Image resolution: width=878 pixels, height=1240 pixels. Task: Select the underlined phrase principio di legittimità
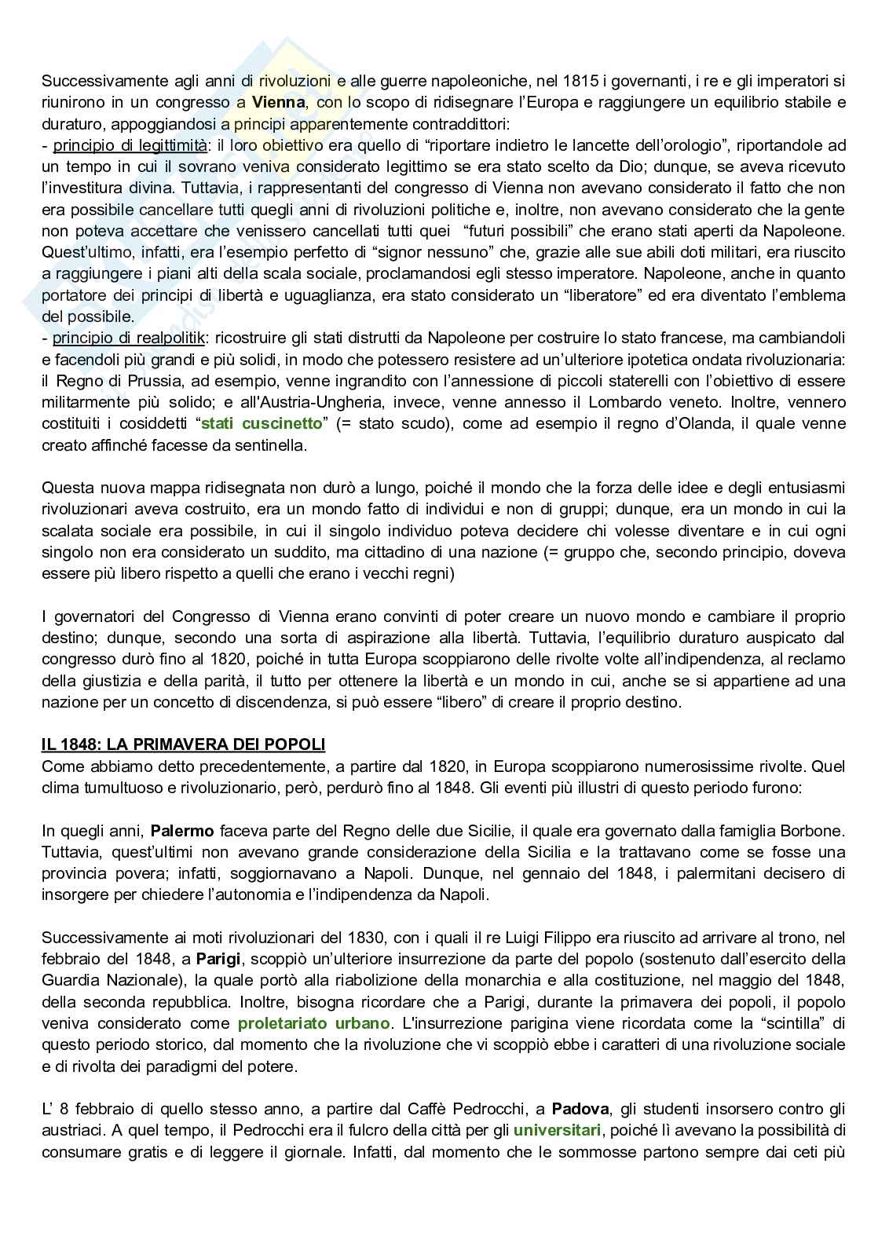click(x=130, y=144)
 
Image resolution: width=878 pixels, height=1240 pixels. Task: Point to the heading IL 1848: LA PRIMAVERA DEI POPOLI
click(x=183, y=744)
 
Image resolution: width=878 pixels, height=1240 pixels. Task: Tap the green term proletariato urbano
click(x=313, y=1023)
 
